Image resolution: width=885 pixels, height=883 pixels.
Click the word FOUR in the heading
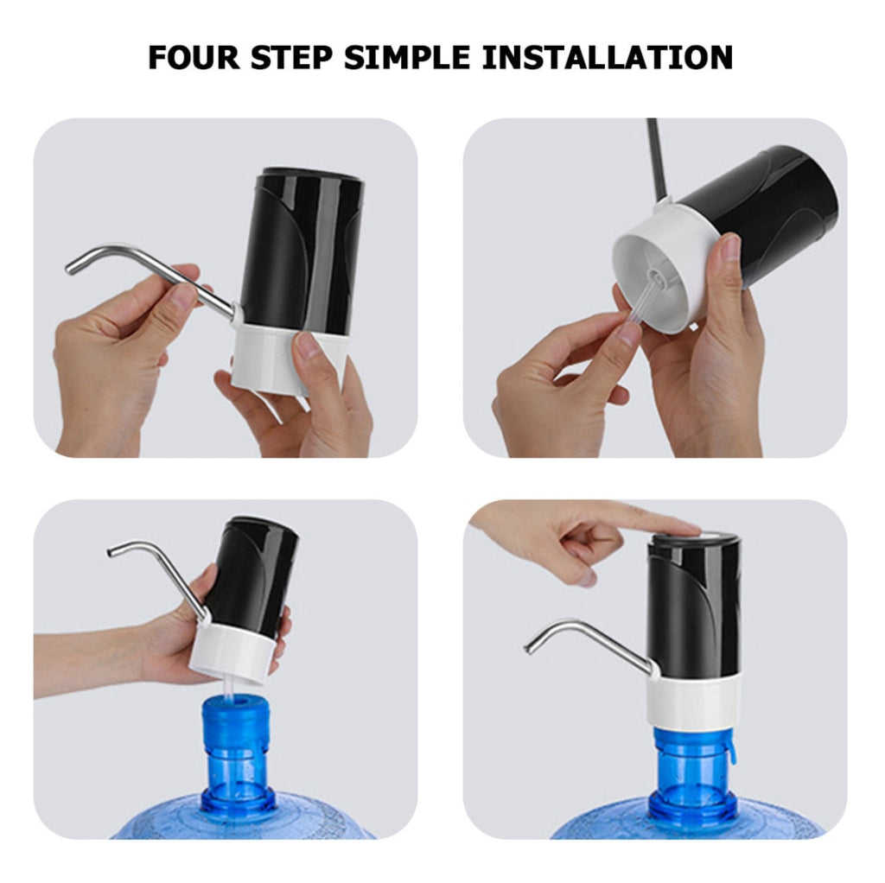click(x=195, y=58)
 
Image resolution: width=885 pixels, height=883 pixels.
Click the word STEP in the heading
click(x=292, y=58)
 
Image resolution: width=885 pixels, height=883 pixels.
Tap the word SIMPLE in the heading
click(x=411, y=58)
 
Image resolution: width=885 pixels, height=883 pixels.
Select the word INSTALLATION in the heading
click(x=608, y=58)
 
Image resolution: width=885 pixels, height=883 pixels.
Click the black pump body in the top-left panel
click(x=302, y=251)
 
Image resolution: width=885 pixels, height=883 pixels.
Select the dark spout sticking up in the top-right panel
click(x=655, y=160)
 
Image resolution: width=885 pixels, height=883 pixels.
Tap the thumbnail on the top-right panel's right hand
click(x=731, y=248)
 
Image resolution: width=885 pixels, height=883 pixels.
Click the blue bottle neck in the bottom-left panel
click(x=235, y=743)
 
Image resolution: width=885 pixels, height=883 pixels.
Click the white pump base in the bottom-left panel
click(x=229, y=652)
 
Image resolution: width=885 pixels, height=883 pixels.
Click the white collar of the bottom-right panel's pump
click(x=692, y=700)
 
